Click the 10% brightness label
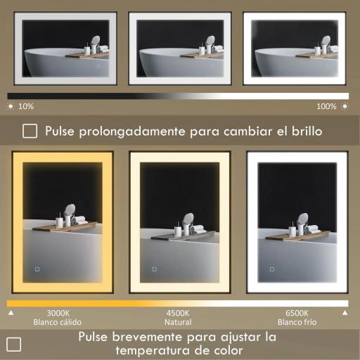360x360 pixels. [26, 106]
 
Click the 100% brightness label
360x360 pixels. [326, 106]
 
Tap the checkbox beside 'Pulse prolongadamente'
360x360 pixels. [30, 131]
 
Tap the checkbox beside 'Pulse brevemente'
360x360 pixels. [13, 344]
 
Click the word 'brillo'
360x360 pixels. [304, 131]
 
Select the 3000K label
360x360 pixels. [58, 313]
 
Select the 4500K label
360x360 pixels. [178, 313]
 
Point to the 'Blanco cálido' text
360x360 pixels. [58, 322]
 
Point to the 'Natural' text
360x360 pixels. [178, 322]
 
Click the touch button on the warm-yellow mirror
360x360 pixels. [37, 269]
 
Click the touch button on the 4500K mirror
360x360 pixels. [154, 269]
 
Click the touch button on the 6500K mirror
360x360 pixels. [271, 269]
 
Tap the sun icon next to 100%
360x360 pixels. [344, 106]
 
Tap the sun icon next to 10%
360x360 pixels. [11, 106]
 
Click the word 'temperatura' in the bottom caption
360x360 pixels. [150, 350]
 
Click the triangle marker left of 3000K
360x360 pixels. [10, 312]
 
